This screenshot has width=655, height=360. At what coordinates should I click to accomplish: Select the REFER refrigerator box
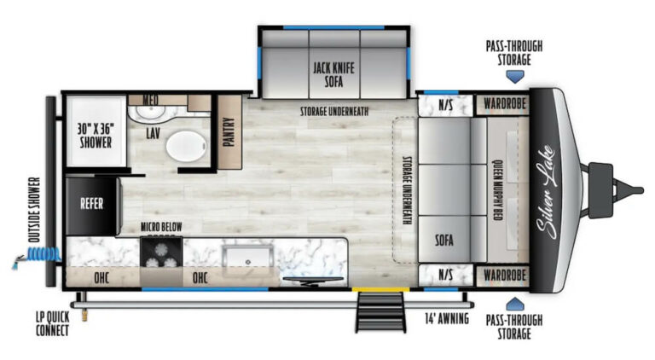coord(91,204)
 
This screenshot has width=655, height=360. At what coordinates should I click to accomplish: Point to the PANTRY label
coord(229,131)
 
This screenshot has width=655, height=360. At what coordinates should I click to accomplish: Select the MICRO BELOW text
coord(160,227)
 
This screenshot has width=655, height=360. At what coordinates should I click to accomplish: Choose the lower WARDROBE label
coord(500,276)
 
